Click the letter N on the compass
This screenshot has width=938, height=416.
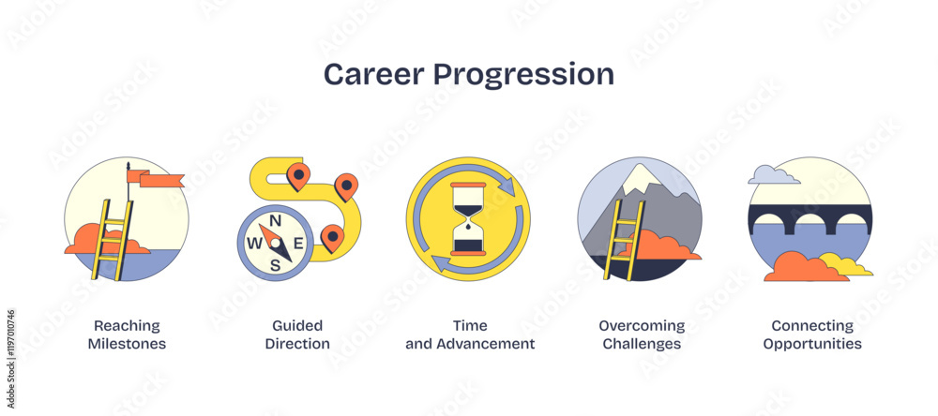click(x=276, y=220)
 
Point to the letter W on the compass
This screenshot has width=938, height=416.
click(x=254, y=244)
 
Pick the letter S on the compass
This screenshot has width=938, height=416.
click(x=275, y=265)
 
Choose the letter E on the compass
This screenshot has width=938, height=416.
click(x=298, y=243)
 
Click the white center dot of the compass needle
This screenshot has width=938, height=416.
click(x=275, y=243)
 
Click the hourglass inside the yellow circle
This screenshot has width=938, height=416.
click(x=468, y=218)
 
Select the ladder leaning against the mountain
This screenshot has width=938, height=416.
click(x=624, y=240)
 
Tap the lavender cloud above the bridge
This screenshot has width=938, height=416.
click(x=772, y=175)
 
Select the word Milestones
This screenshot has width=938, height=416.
click(x=127, y=344)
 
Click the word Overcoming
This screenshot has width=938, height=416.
click(x=642, y=326)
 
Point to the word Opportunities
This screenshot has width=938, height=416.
click(x=812, y=345)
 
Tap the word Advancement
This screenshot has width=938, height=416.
click(x=486, y=344)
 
